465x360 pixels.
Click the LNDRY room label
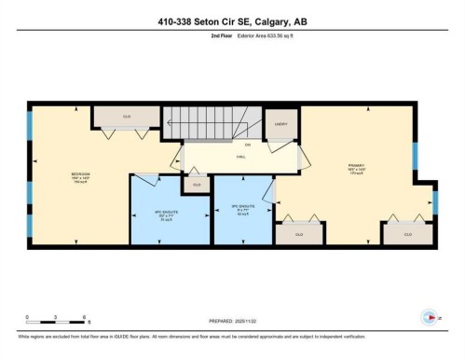280,123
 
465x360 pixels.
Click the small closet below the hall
196,186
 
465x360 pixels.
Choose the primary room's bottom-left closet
299,234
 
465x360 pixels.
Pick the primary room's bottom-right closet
407,234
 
